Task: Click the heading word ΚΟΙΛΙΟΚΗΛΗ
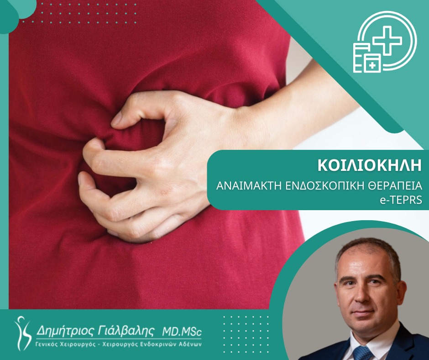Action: [x=370, y=165]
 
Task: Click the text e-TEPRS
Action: [x=401, y=200]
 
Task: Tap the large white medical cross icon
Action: [x=387, y=40]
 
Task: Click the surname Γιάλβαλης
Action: [x=126, y=331]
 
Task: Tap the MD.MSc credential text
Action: [x=182, y=332]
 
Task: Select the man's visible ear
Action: [x=401, y=294]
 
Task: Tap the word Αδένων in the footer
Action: [x=192, y=344]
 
